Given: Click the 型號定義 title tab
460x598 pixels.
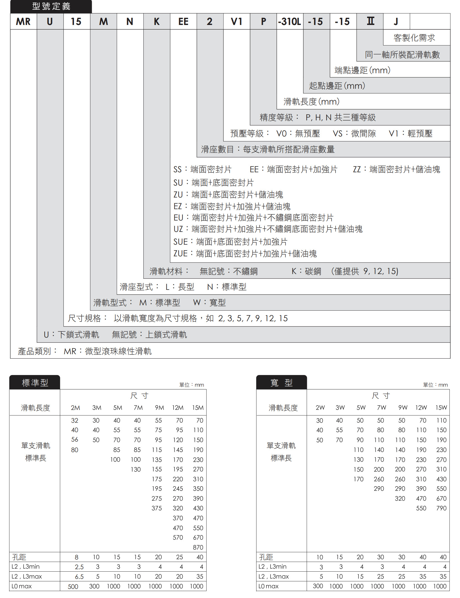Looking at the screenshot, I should [51, 6].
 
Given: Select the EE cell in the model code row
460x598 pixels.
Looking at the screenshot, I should [183, 21].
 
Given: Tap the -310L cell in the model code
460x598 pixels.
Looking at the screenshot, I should [289, 21].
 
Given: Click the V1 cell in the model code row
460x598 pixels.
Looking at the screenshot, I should [237, 21].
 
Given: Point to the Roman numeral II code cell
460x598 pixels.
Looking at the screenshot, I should [370, 21].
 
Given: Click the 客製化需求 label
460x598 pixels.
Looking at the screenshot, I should [414, 38].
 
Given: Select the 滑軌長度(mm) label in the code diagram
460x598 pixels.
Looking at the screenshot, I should [311, 102].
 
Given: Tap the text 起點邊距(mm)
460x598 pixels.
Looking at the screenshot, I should [337, 86].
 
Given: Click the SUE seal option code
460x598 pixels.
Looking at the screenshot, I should [181, 242].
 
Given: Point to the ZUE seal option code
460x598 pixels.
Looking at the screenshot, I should [181, 254].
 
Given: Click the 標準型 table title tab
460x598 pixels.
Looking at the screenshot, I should [35, 383].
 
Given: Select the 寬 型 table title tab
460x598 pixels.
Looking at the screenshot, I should [281, 383].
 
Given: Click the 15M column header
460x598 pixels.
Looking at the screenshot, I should [198, 407].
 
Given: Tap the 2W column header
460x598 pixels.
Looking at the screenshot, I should [320, 407].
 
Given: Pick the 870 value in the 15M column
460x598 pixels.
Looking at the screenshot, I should [198, 547].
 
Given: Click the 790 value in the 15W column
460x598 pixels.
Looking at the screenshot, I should [441, 508].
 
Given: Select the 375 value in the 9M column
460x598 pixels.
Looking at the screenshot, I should [157, 508].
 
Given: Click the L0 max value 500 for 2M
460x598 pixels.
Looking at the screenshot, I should [73, 587].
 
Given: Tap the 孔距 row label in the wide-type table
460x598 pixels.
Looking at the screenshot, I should [266, 557].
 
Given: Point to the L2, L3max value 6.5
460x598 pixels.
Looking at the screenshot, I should [79, 577].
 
